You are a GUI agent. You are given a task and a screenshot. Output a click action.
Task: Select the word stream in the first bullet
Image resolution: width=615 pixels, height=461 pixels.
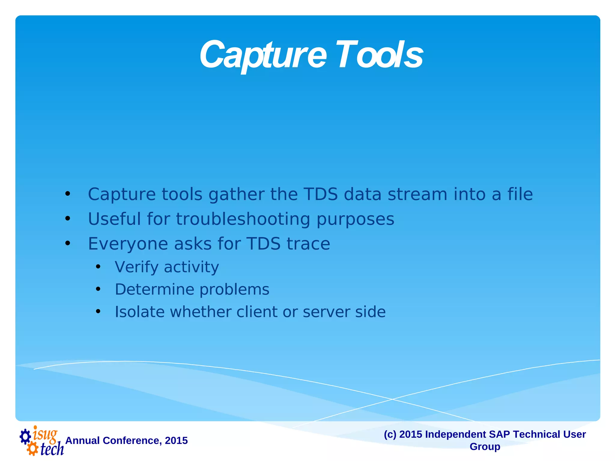pyautogui.click(x=417, y=194)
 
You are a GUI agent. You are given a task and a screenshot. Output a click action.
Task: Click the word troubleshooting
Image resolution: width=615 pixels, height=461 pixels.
pyautogui.click(x=243, y=219)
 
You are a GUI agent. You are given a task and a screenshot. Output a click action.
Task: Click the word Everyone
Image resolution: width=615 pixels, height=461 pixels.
pyautogui.click(x=128, y=244)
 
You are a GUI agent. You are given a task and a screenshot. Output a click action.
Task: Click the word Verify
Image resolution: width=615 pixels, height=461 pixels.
pyautogui.click(x=136, y=267)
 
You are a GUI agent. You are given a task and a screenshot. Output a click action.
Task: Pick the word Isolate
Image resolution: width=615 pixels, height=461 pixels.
pyautogui.click(x=140, y=312)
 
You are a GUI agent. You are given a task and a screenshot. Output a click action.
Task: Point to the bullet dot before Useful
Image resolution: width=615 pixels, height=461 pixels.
pyautogui.click(x=68, y=219)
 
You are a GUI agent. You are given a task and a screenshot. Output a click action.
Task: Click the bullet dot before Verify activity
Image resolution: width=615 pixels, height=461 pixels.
pyautogui.click(x=98, y=267)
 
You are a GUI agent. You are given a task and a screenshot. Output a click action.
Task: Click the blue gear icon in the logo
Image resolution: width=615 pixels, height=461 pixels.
pyautogui.click(x=25, y=436)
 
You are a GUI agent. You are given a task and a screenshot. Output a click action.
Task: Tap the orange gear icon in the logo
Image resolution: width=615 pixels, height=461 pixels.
pyautogui.click(x=32, y=449)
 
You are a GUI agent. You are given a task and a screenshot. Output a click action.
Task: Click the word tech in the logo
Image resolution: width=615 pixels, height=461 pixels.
pyautogui.click(x=52, y=449)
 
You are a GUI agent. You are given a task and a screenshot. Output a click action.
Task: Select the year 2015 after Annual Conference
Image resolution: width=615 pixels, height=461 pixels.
pyautogui.click(x=176, y=441)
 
